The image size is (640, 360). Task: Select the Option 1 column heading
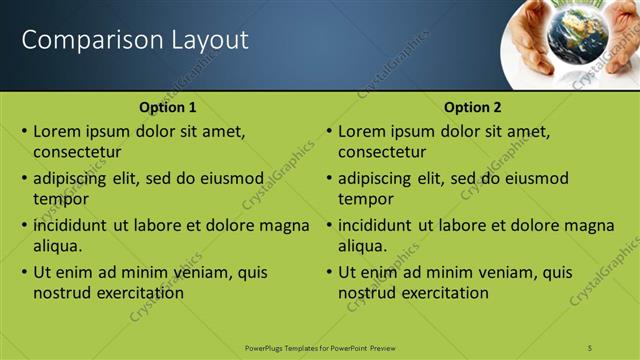tap(168, 108)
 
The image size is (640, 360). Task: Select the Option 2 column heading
tap(473, 108)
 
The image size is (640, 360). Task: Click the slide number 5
tap(591, 347)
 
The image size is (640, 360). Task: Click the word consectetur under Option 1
tap(77, 153)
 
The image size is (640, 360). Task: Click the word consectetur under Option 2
tap(382, 153)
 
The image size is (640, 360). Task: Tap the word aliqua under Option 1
tap(57, 246)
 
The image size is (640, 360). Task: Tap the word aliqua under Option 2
tap(362, 246)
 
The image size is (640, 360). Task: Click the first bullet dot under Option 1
tap(24, 131)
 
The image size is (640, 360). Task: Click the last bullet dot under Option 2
tap(329, 272)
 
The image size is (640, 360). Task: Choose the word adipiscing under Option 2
tap(374, 178)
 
